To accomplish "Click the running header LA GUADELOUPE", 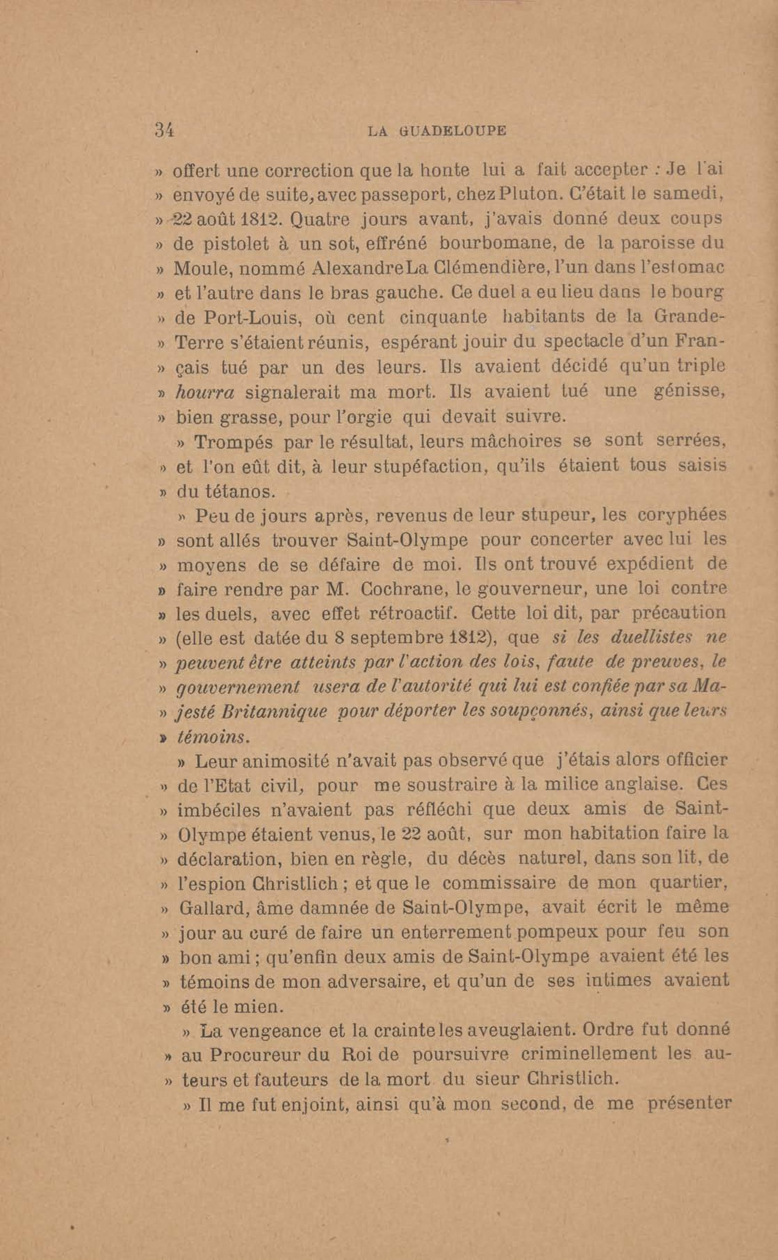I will [x=437, y=131].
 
